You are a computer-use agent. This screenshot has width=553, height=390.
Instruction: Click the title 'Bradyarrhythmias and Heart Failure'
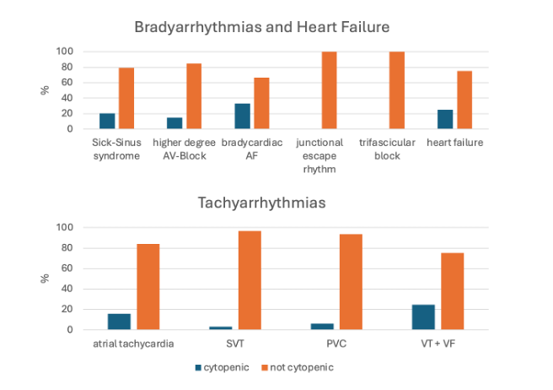pos(261,26)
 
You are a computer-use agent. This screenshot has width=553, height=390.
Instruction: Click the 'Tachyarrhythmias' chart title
pos(261,203)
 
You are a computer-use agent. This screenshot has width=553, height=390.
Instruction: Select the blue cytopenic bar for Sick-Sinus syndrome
pos(107,121)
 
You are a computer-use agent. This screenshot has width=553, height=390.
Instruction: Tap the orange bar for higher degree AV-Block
pos(194,96)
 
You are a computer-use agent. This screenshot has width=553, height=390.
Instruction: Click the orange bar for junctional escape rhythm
pos(329,90)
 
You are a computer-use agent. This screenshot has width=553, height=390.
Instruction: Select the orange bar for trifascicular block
pos(396,90)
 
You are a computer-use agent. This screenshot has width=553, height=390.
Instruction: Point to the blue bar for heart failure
pos(446,119)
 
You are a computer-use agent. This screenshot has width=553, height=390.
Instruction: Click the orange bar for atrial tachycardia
pos(148,286)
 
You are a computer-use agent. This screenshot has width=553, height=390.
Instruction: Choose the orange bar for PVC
pos(351,282)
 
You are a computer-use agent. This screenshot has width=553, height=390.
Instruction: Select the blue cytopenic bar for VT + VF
pos(422,317)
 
